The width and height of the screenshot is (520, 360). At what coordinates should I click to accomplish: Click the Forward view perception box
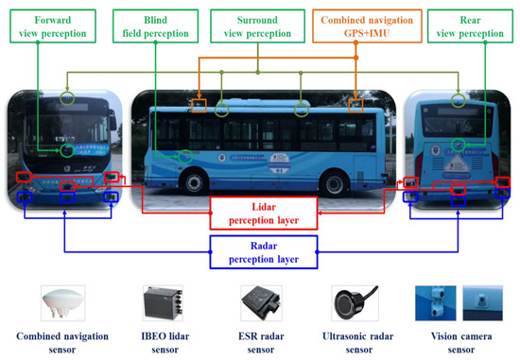coord(51,26)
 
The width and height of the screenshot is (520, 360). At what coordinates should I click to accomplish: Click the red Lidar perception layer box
coord(262,213)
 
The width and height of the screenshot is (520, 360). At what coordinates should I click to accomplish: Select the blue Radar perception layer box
coord(262,250)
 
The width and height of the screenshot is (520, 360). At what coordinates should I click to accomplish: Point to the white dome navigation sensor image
coord(64,301)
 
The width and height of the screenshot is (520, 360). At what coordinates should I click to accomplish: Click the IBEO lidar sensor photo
coord(165,304)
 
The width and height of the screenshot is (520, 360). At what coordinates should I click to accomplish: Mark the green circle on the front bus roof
coord(65,97)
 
